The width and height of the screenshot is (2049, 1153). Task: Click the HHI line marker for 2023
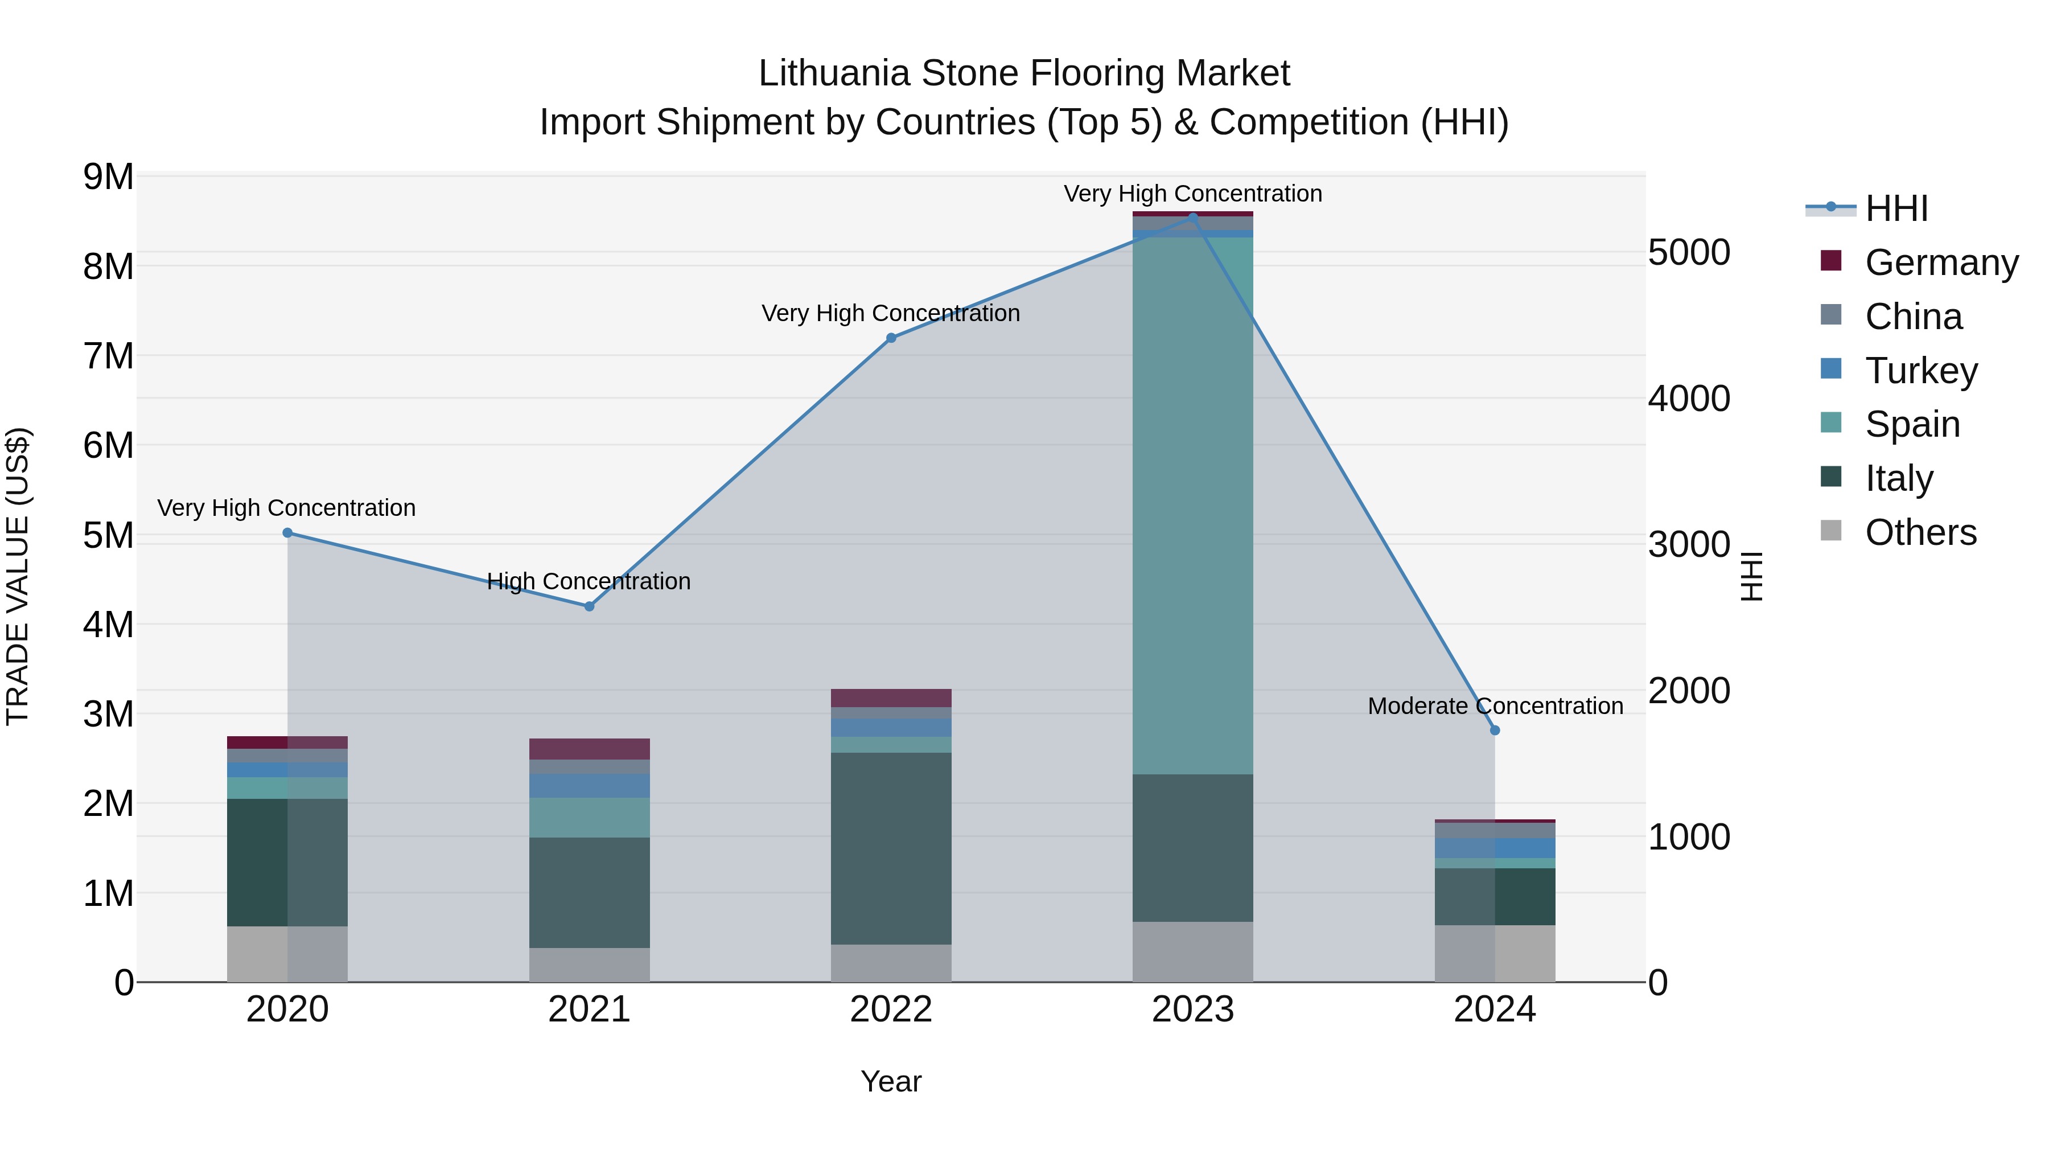tap(1192, 216)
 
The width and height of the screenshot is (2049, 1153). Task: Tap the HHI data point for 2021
tap(590, 606)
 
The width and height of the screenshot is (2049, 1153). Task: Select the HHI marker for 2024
tap(1495, 731)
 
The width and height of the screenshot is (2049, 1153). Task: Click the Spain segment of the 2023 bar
tap(1192, 505)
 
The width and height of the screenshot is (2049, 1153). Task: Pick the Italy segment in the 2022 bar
tap(891, 848)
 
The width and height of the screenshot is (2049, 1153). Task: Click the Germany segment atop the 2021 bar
tap(590, 749)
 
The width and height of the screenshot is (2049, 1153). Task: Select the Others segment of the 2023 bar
tap(1192, 951)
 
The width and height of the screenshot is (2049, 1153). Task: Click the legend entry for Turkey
tap(1920, 371)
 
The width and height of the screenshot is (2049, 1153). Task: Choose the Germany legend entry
tap(1940, 262)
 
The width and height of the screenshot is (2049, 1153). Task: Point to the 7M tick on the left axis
tap(109, 356)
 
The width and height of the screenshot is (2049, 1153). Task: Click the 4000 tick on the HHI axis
tap(1689, 399)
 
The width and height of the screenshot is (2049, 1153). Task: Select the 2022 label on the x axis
tap(891, 1010)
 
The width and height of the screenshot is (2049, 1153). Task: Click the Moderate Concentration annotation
tap(1495, 706)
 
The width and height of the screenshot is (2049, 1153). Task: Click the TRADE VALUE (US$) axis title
tap(18, 576)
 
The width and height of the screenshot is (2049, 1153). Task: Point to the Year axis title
tap(891, 1081)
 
